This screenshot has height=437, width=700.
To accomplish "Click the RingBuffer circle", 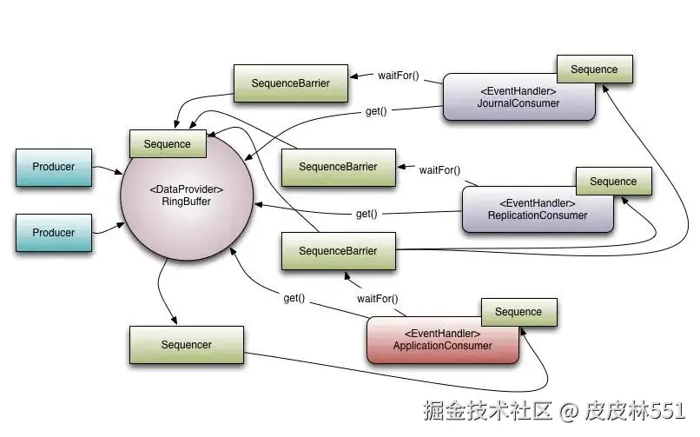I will [186, 195].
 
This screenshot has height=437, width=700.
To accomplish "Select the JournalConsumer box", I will [518, 97].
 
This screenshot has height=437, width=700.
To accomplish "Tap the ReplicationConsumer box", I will [537, 209].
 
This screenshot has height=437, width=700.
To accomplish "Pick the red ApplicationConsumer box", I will [442, 340].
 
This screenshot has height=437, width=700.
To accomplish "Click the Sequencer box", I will [186, 345].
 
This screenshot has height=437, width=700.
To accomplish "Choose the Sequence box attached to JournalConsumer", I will [594, 70].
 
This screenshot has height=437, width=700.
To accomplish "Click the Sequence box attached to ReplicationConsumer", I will [613, 182].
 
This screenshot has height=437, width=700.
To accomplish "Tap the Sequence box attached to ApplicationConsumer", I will [518, 312].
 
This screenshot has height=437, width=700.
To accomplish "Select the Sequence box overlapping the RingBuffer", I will [167, 144].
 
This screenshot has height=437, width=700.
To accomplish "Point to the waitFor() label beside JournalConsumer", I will [399, 75].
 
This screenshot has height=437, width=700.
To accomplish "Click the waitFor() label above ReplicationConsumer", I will [439, 170].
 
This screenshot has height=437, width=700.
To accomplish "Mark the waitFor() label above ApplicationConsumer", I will [377, 299].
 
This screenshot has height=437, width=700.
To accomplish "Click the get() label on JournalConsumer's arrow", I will [375, 112].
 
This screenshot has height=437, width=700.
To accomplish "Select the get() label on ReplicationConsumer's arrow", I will [367, 214].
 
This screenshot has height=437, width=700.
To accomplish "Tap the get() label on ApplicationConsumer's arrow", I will [294, 298].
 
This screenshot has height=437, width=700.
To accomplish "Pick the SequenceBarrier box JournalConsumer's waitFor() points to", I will [290, 83].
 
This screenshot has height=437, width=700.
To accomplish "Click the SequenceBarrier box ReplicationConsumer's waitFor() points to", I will [338, 167].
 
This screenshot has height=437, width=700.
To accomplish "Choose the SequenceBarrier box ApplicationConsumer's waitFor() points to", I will [338, 251].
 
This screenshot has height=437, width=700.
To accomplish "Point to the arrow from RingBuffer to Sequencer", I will [166, 295].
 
